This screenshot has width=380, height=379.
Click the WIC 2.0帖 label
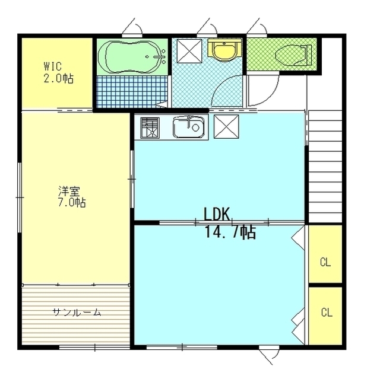58,72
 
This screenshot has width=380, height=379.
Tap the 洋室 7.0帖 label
71,196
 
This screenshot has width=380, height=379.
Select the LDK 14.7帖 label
230,223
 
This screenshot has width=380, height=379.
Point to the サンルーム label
77,313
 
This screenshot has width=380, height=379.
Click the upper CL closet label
325,262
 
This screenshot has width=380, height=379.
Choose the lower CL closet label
327,312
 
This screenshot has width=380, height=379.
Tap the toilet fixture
293,55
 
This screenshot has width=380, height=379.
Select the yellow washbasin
224,49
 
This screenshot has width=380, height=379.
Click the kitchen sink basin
189,127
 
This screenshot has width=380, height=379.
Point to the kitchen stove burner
150,128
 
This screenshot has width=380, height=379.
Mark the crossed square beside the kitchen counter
226,126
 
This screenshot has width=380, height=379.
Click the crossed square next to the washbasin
189,51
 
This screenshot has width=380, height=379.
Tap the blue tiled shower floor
132,91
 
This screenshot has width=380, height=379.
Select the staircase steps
325,167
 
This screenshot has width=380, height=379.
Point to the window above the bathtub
132,36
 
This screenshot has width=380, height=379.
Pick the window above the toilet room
257,36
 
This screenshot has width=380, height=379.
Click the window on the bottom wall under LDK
182,348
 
